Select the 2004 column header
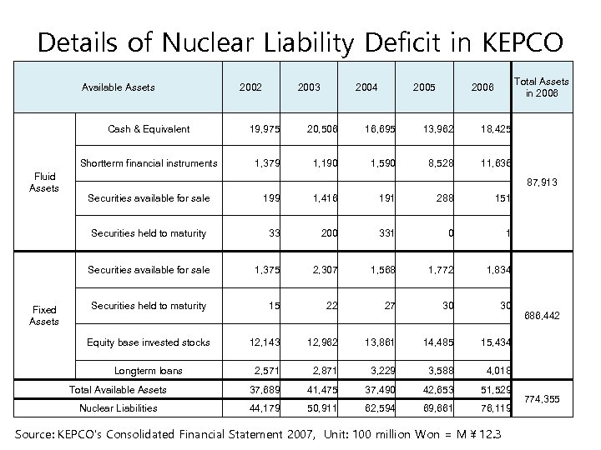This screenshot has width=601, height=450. [x=366, y=87]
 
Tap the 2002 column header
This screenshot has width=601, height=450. [x=250, y=87]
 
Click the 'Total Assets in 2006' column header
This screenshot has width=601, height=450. [x=541, y=87]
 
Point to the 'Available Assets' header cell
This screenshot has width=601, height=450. [x=118, y=87]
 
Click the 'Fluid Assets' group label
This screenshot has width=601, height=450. [x=44, y=182]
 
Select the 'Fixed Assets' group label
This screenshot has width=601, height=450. [x=44, y=316]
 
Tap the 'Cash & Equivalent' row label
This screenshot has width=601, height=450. [x=149, y=128]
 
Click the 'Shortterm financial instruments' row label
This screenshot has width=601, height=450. [x=149, y=162]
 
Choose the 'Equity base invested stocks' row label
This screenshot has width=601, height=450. [x=149, y=342]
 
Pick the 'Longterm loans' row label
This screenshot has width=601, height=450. [x=149, y=370]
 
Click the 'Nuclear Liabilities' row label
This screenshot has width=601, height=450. [x=118, y=408]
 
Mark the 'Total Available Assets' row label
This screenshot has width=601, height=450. [x=118, y=389]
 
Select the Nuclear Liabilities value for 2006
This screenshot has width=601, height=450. [x=494, y=408]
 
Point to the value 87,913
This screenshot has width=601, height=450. [x=540, y=181]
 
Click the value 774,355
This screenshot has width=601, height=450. [x=540, y=400]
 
